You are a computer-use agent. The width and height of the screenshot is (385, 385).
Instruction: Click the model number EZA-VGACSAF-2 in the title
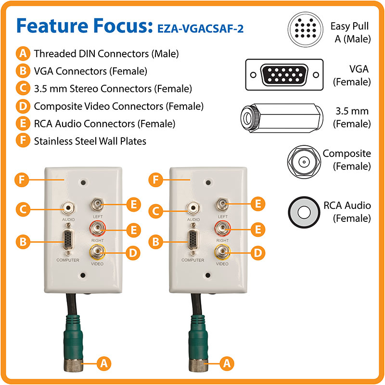point(200,29)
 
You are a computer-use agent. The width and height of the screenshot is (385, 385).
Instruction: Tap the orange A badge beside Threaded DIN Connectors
point(23,53)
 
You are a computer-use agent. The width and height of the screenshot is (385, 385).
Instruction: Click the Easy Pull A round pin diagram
point(305,29)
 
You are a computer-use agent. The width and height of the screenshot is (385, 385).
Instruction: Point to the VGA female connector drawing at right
point(284,75)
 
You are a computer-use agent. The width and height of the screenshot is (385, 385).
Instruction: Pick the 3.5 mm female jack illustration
point(282,118)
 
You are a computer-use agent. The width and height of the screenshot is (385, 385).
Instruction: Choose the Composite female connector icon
point(304,162)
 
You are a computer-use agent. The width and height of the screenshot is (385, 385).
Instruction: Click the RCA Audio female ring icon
point(304,212)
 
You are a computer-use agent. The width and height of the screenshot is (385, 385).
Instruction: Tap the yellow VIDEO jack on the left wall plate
point(98,252)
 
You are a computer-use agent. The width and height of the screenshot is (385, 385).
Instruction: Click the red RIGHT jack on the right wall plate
point(222,228)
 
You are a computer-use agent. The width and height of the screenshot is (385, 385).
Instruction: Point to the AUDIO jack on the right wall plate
point(193,208)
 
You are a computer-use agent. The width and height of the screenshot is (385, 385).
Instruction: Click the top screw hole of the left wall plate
point(83,182)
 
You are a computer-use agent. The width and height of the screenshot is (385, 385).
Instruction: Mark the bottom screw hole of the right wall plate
point(208,275)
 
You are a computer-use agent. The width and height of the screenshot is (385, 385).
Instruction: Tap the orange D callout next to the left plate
point(133,253)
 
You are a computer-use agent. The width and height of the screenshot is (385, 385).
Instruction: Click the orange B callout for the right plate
point(155,242)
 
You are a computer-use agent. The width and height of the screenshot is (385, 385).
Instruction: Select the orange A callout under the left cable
point(104,363)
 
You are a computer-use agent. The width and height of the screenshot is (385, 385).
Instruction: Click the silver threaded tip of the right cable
point(198,365)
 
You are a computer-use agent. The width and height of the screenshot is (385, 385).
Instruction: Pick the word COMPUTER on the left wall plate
point(68,260)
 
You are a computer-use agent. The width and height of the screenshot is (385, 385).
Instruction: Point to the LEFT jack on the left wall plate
point(98,205)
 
